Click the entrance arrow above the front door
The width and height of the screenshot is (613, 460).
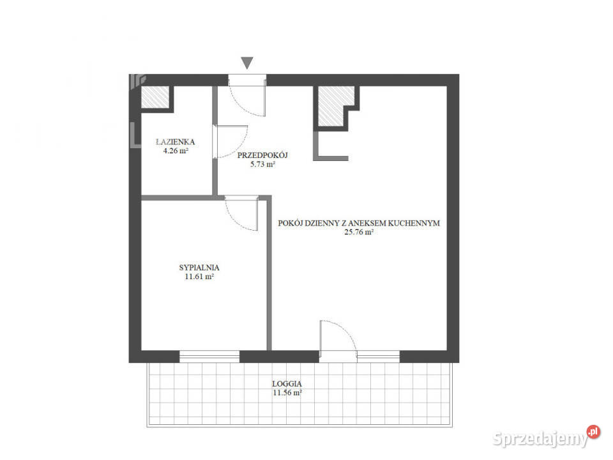point(247,63)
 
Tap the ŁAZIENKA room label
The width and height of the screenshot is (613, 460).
point(175,142)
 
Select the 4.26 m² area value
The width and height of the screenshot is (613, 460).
point(175,151)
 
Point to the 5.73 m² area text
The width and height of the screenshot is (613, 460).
point(262,164)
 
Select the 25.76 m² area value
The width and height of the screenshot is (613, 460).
point(358,233)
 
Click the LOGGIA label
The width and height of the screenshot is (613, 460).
point(287,384)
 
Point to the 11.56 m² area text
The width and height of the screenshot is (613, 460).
point(287,394)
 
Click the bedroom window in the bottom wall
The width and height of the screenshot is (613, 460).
point(209,356)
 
